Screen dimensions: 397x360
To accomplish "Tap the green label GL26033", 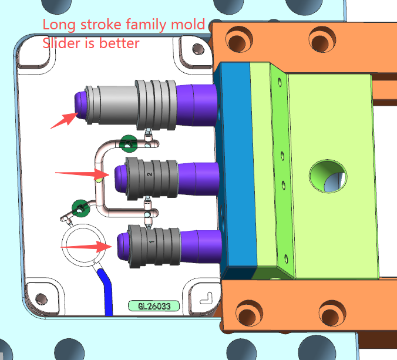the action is (154, 306).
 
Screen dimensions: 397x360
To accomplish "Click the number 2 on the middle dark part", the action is (150, 174).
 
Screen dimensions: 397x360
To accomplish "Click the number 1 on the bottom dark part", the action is (152, 242).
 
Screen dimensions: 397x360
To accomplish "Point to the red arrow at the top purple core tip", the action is (65, 120).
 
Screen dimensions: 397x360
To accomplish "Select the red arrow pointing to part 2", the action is (82, 173).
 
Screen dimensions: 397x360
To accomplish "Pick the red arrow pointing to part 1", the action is (86, 247).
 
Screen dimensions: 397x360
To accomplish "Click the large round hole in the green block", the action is (328, 176).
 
